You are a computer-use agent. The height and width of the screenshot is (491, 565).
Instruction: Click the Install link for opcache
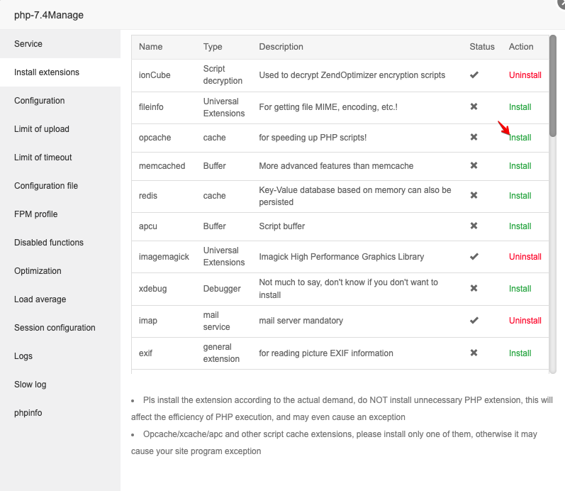520,138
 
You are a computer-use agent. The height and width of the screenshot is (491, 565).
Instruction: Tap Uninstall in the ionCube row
525,75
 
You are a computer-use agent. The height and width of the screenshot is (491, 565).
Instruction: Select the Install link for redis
520,196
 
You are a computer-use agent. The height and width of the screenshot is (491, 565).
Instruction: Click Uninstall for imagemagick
525,257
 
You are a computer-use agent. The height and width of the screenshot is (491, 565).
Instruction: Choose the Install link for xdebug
520,289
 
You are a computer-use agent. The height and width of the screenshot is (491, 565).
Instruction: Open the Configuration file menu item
46,186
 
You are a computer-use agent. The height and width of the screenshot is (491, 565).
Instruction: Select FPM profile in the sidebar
35,214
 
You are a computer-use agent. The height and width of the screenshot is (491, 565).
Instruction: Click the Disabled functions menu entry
49,243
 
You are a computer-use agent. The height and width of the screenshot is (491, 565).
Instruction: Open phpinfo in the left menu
28,413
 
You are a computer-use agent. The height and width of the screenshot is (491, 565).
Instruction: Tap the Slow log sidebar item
30,385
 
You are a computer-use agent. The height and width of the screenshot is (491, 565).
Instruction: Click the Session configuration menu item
55,328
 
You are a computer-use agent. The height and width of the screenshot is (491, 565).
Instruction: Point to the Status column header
482,47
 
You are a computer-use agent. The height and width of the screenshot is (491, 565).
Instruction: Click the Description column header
281,47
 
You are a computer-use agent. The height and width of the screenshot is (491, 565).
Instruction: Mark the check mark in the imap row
474,321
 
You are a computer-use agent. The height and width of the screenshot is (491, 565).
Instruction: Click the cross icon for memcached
474,165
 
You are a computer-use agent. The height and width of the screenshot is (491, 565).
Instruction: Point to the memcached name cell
162,166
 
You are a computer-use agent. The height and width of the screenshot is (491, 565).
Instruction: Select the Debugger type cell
222,289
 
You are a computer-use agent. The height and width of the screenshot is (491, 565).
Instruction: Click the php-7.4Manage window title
49,15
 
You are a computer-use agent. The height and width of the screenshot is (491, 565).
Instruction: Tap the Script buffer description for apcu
281,226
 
